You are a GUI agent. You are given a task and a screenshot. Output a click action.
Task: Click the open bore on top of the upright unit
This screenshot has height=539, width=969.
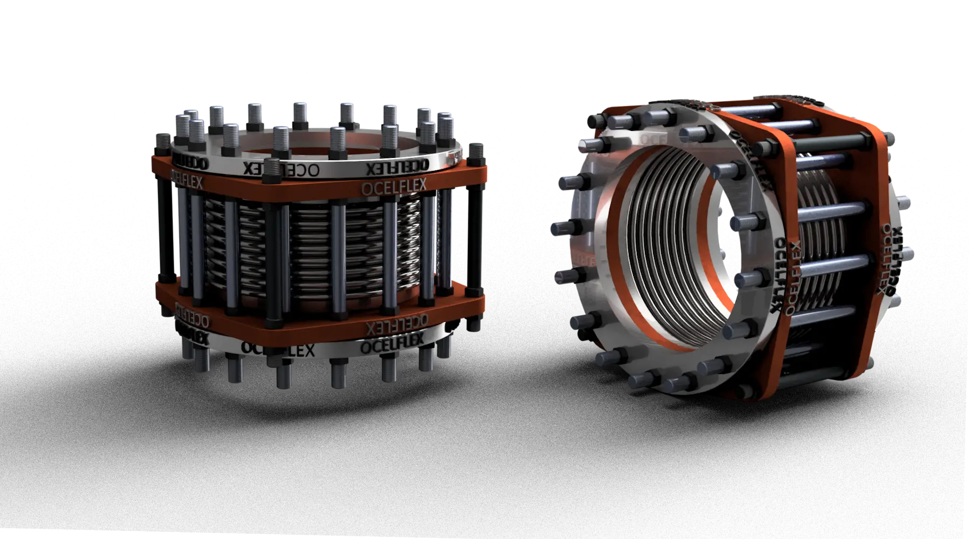tap(318, 148)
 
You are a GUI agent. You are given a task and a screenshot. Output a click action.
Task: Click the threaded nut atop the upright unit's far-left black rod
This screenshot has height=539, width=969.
tap(163, 142)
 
